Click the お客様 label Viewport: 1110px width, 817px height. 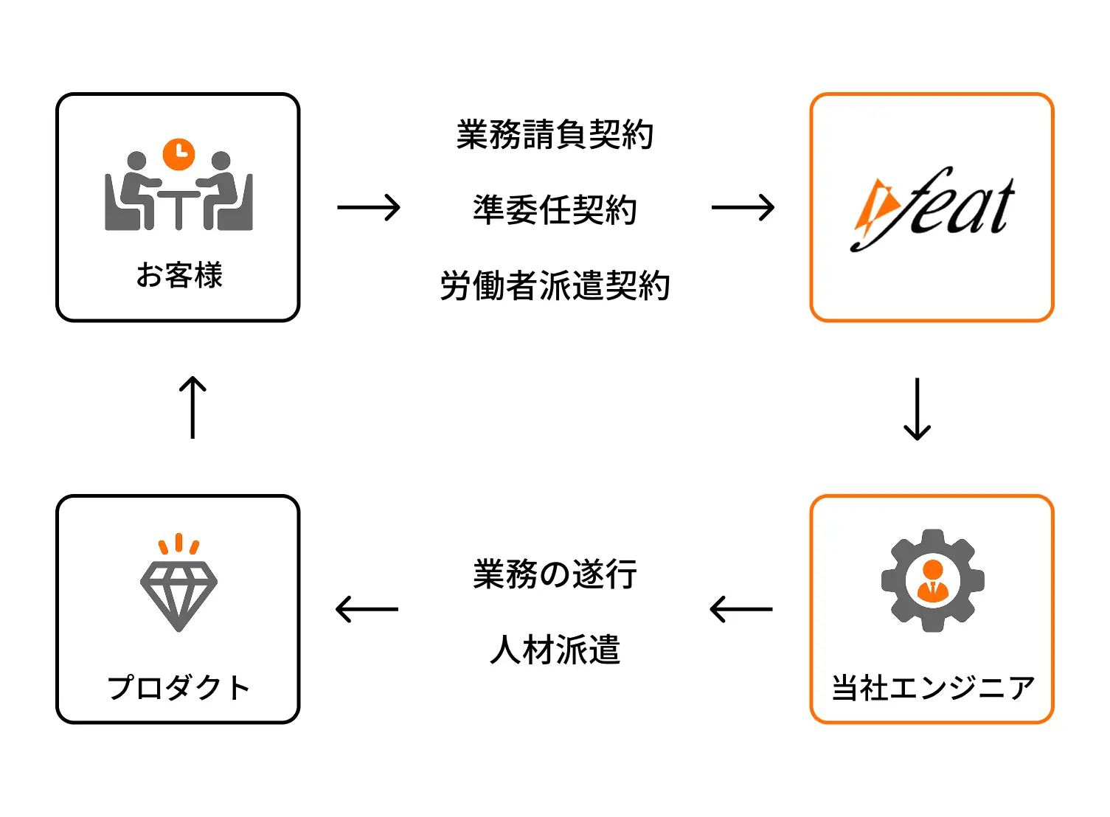tap(179, 276)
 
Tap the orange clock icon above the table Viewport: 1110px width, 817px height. tap(178, 153)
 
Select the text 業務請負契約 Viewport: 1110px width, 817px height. tap(555, 135)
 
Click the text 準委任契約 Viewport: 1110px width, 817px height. tap(555, 210)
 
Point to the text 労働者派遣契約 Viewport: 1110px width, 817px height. tap(555, 286)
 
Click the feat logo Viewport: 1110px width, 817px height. tap(933, 209)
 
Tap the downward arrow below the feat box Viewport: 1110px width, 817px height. tap(917, 409)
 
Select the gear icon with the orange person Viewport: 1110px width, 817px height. tap(932, 580)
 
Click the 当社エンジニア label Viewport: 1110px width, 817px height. tap(933, 688)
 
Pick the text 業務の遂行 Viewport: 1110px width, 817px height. tap(555, 574)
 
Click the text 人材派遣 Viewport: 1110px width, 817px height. tap(555, 650)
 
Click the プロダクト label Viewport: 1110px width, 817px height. tap(178, 688)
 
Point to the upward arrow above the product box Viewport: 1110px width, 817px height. tap(192, 408)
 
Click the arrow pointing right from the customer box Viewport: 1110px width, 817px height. tap(368, 208)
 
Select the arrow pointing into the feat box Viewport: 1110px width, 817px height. tap(742, 208)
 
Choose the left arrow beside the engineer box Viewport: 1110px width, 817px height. tap(740, 610)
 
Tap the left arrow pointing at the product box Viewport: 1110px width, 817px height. tap(367, 610)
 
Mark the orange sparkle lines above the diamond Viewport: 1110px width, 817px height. tap(178, 544)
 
